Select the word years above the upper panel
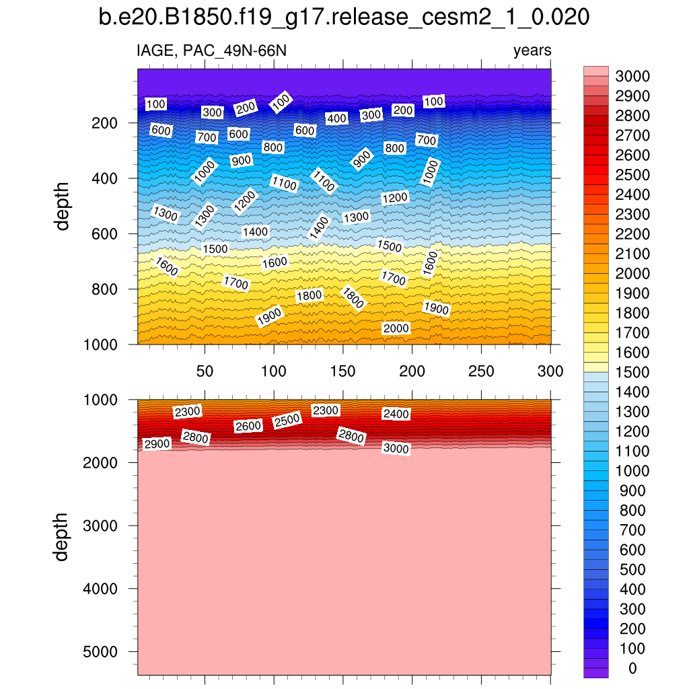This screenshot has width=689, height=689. (532, 50)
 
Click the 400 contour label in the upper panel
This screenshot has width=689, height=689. (336, 118)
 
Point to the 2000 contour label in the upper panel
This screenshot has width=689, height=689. (396, 328)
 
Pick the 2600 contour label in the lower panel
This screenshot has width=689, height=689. (248, 426)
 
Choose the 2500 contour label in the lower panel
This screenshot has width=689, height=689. (287, 421)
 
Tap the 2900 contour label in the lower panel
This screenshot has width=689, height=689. (157, 444)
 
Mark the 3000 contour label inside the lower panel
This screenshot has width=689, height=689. (396, 448)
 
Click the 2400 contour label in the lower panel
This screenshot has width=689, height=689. (396, 414)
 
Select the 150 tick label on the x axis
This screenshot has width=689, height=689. (342, 371)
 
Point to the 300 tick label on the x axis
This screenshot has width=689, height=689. (550, 371)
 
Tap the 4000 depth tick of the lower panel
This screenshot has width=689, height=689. (100, 589)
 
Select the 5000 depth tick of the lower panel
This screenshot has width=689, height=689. (100, 652)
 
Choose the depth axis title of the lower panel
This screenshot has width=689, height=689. (63, 536)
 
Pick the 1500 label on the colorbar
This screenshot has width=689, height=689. (631, 372)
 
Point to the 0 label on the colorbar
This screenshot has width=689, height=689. (631, 668)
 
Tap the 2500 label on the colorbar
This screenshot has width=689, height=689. (631, 175)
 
